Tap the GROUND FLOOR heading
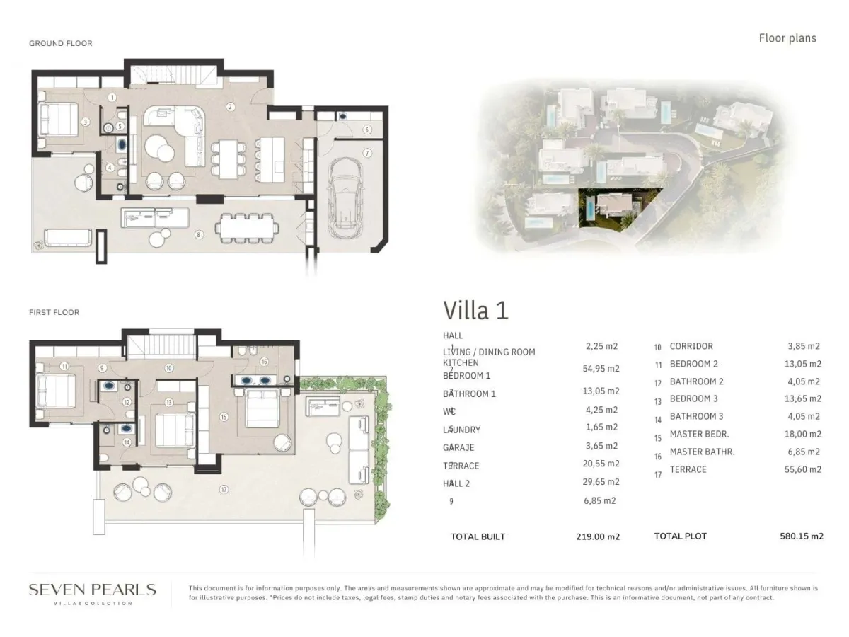click(61, 43)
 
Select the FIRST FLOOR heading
click(54, 312)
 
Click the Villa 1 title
click(475, 310)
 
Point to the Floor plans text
click(787, 38)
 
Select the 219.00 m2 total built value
click(597, 536)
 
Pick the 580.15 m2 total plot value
click(796, 536)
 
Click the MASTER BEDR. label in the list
click(699, 434)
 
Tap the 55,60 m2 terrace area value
click(804, 469)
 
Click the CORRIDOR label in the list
click(691, 346)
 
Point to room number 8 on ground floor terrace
click(200, 234)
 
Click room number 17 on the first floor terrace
click(224, 489)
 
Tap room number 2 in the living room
click(230, 107)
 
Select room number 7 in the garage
click(367, 153)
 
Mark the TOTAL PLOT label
click(680, 536)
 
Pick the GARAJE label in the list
click(459, 447)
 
